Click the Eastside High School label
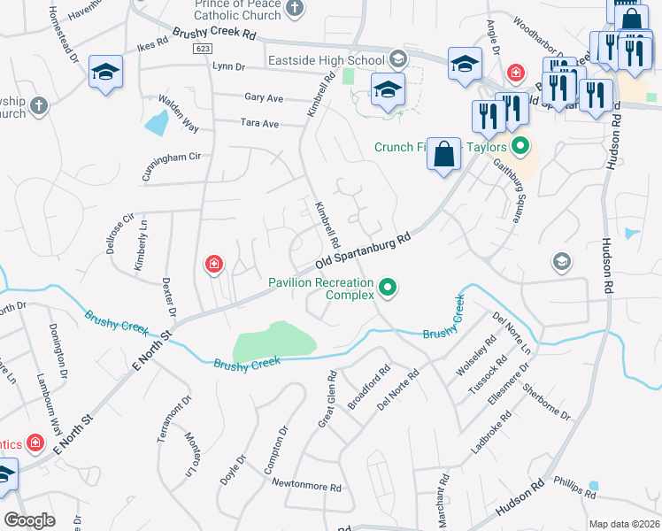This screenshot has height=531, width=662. tap(327, 60)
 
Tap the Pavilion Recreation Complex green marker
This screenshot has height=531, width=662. tap(387, 288)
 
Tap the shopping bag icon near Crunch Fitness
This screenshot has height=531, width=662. tap(444, 154)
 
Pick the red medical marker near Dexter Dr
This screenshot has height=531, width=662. tap(213, 264)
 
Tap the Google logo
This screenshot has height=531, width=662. tap(29, 520)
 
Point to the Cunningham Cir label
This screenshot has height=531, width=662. tap(172, 165)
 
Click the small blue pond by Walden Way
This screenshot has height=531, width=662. tap(158, 122)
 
